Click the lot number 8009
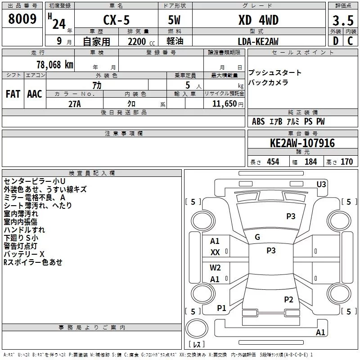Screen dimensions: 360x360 coord(22,19)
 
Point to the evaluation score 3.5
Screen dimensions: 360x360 coord(342,21)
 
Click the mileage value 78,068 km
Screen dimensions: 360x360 coord(54,64)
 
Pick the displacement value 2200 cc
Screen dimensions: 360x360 coord(137,42)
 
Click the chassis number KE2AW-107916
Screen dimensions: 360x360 coord(302,144)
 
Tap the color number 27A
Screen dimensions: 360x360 coord(74,103)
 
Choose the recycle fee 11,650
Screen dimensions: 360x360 coord(225,103)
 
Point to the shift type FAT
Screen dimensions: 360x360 coord(13,94)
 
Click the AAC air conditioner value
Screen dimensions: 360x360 coord(35,94)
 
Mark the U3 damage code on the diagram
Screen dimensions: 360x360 coord(321,184)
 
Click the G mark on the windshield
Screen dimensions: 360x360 coord(257,237)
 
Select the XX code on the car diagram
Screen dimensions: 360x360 coord(215,252)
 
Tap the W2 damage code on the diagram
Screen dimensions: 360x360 coord(215,268)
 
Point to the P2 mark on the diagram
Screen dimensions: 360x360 coord(288,300)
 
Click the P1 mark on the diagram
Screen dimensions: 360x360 coord(221,308)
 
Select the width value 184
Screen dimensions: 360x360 coord(310,162)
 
